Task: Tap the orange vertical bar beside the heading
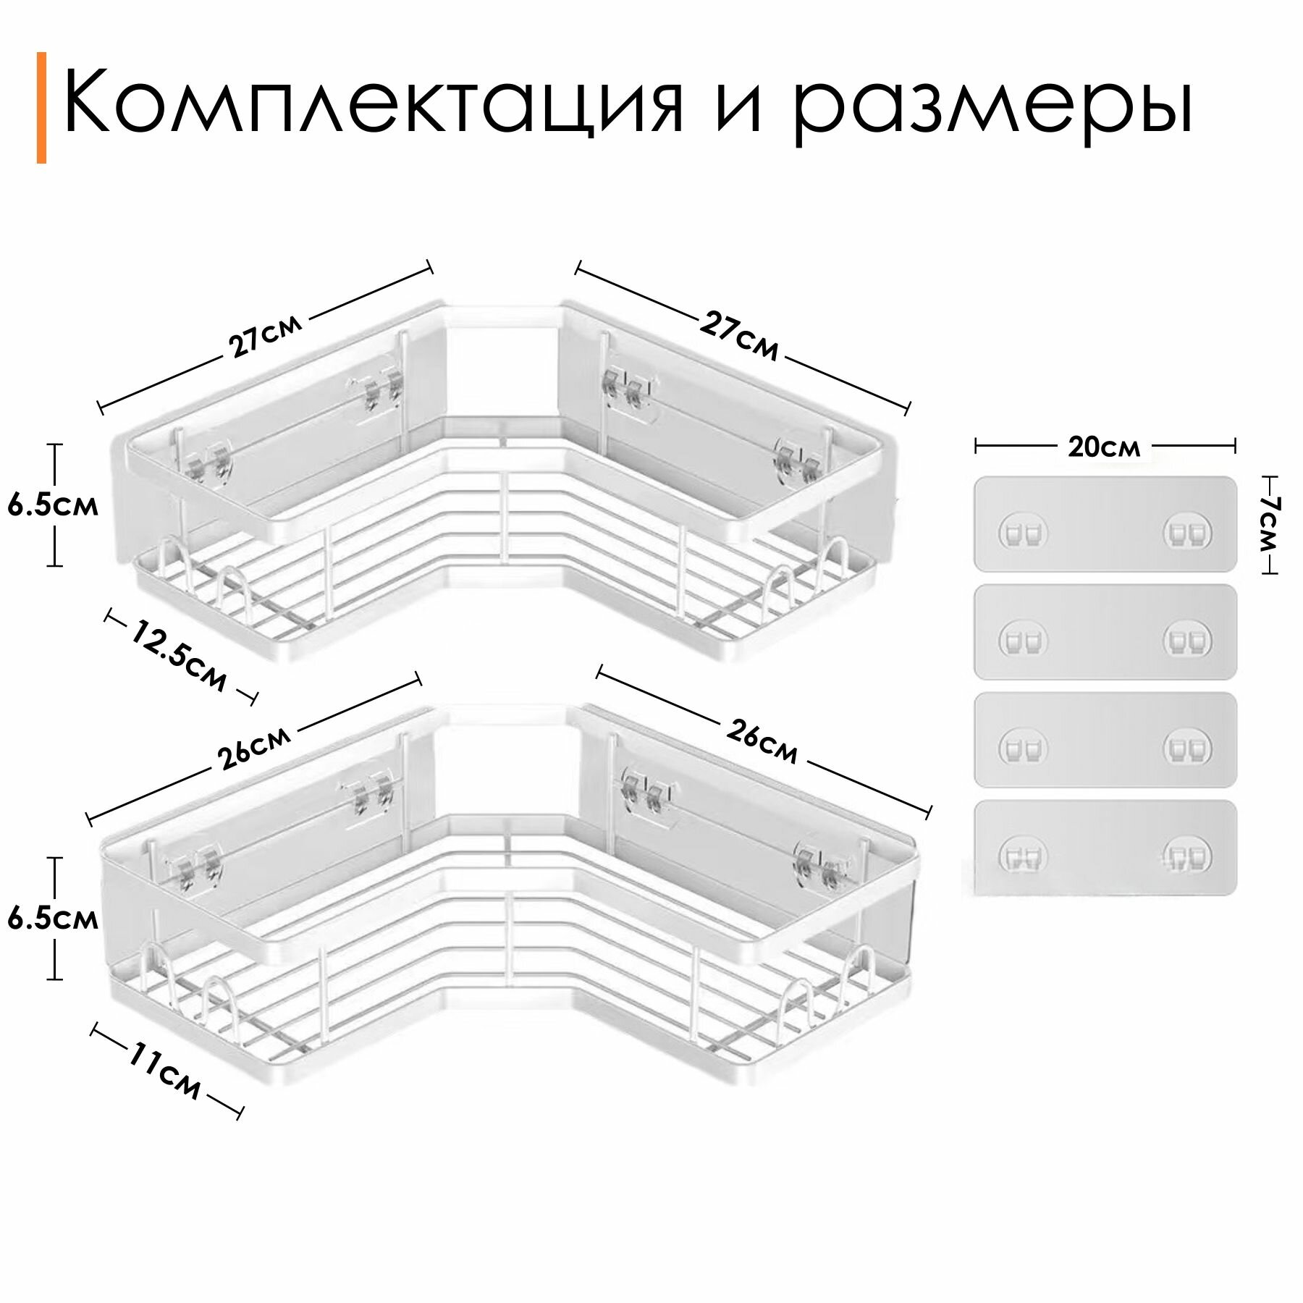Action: point(41,107)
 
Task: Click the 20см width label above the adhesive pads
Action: point(1104,447)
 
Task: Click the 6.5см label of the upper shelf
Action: point(53,505)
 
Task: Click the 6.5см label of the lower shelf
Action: point(53,919)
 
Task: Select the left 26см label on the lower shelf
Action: point(254,747)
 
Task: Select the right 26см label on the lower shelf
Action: point(761,743)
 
